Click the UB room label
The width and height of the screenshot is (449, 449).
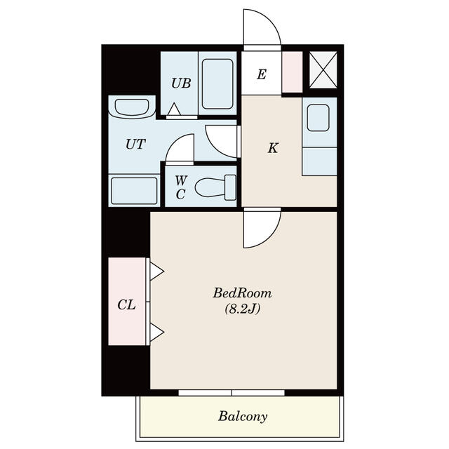pos(181,83)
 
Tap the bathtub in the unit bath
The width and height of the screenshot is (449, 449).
pos(217,84)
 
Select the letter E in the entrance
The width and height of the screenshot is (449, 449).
pos(262,74)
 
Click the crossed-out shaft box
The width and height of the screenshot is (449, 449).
pos(323,70)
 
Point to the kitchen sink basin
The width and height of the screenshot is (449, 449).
pos(318,118)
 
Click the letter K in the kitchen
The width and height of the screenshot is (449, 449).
pos(273,148)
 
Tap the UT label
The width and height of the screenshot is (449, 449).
pos(135,144)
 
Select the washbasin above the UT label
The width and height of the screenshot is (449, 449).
pos(132,107)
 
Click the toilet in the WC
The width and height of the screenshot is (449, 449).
pos(215,187)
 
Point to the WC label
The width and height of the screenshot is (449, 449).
pos(181,187)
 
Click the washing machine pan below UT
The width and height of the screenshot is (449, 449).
pos(134,191)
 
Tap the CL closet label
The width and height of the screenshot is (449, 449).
pos(126,304)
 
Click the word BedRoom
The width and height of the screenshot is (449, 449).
pos(242,293)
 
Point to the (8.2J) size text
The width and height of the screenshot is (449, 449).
pos(242,309)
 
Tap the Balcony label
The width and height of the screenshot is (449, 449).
pos(243,416)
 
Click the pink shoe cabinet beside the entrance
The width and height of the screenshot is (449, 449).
pos(293,72)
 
